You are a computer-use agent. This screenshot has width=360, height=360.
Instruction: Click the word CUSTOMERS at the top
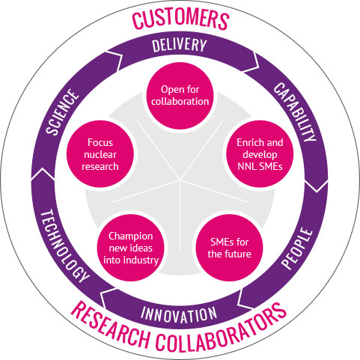pyautogui.click(x=180, y=19)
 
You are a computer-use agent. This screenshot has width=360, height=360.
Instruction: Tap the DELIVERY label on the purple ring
pyautogui.click(x=180, y=45)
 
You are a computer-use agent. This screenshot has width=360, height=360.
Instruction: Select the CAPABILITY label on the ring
pyautogui.click(x=295, y=112)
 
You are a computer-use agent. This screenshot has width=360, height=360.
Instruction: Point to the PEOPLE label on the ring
pyautogui.click(x=297, y=248)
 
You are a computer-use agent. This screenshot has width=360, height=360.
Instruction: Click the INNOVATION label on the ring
pyautogui.click(x=179, y=314)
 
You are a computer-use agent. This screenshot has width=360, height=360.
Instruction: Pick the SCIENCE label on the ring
pyautogui.click(x=62, y=112)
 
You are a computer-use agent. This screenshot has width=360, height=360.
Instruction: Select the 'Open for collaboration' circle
pyautogui.click(x=180, y=96)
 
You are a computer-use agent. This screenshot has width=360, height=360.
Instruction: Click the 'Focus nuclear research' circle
pyautogui.click(x=100, y=154)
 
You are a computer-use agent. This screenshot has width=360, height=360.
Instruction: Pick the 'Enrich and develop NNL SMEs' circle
pyautogui.click(x=260, y=154)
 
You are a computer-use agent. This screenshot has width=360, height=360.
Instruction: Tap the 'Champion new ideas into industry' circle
pyautogui.click(x=131, y=248)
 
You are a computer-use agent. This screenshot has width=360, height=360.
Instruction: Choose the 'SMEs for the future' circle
pyautogui.click(x=229, y=248)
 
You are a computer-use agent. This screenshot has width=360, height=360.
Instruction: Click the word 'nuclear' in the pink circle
pyautogui.click(x=100, y=155)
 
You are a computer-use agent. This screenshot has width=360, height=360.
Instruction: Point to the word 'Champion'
pyautogui.click(x=131, y=237)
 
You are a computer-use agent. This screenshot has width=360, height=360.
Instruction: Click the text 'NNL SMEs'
pyautogui.click(x=260, y=166)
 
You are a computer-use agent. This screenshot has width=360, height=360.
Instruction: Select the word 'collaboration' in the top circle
pyautogui.click(x=180, y=101)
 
